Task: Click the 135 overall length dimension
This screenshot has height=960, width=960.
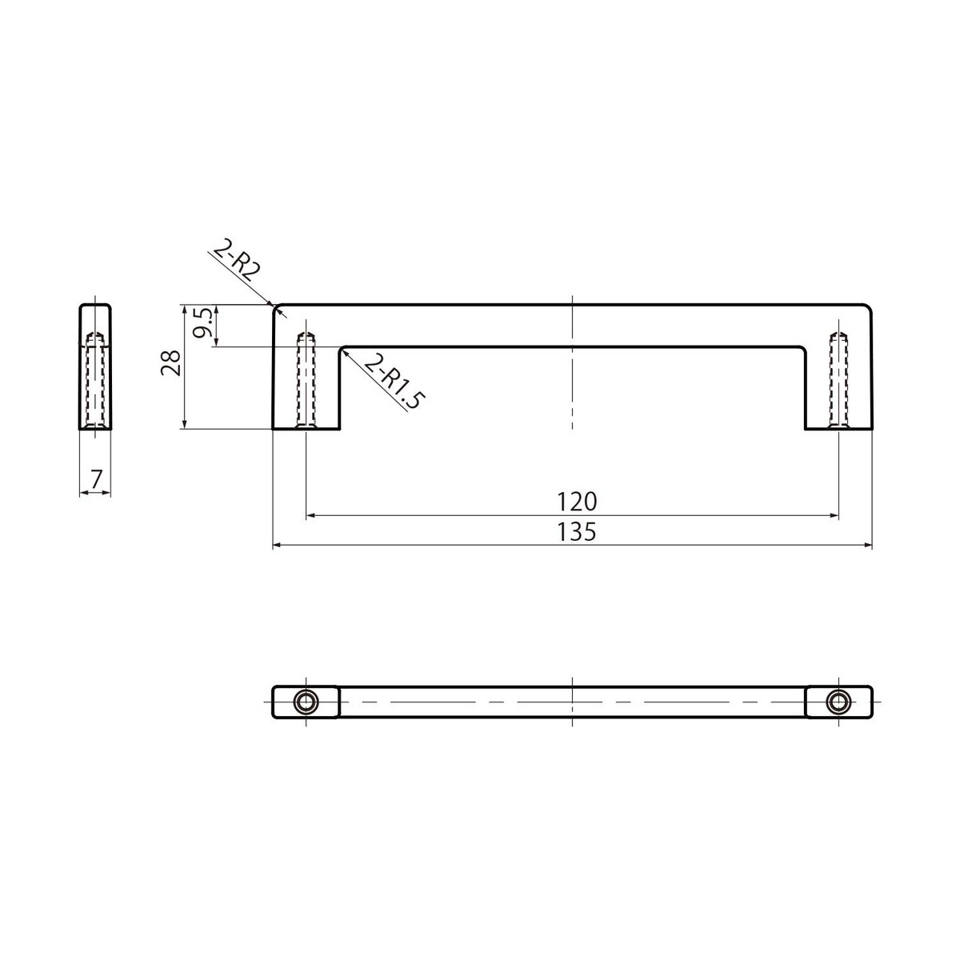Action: (x=576, y=533)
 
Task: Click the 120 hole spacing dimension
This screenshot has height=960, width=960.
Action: (x=576, y=502)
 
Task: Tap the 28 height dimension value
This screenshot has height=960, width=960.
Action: (x=170, y=362)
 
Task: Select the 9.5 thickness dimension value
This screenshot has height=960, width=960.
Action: (x=203, y=323)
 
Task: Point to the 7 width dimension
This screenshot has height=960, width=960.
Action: (x=96, y=479)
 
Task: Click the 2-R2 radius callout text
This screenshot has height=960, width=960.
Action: (x=237, y=261)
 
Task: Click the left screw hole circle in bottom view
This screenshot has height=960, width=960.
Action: (x=306, y=702)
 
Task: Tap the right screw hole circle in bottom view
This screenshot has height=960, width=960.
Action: (x=838, y=702)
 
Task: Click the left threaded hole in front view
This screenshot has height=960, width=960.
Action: (x=306, y=380)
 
